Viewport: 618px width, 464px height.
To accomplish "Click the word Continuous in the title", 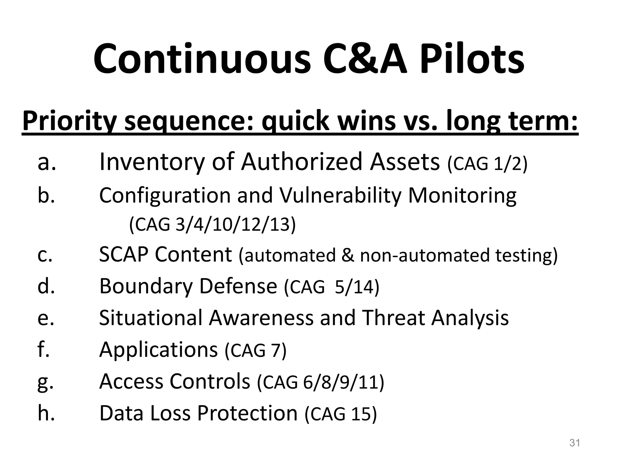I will tap(202, 59).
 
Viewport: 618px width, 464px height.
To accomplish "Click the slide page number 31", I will tap(575, 443).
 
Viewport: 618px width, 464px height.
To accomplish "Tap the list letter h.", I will tap(46, 413).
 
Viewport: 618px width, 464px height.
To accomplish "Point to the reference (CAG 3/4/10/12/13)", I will tap(212, 225).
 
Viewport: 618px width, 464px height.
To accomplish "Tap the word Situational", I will tap(151, 318).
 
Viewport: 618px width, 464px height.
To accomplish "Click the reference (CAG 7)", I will tap(256, 351).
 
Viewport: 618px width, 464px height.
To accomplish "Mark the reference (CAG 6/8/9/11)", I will tap(320, 382).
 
